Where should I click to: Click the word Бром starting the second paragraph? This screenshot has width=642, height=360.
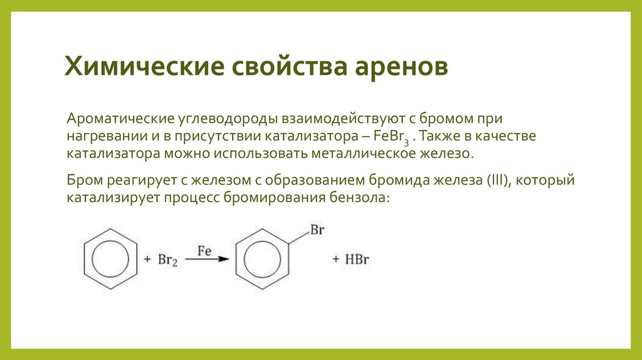82,181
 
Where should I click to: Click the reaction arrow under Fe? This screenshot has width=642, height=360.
208,259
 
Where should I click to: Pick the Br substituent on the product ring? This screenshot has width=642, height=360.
317,230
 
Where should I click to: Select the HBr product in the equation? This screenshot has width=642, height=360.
355,260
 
